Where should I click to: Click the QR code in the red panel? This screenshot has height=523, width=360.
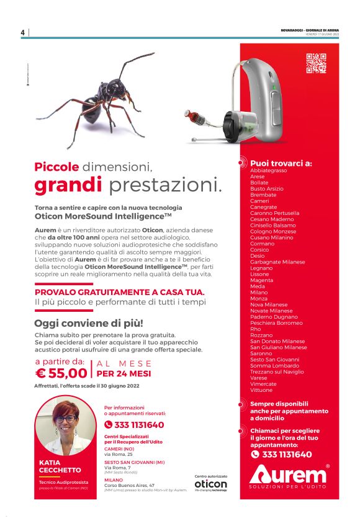316,63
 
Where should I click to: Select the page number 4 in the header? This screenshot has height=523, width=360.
22,33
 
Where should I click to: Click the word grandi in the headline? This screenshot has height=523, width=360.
68,184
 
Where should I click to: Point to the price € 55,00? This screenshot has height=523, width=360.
61,373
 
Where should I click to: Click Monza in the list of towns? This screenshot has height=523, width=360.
259,299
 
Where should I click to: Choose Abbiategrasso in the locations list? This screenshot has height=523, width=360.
268,170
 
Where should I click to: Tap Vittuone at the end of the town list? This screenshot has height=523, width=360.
261,390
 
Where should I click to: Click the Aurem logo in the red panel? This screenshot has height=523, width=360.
288,476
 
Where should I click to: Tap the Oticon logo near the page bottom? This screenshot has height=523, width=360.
210,484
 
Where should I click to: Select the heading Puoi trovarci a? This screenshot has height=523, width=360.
281,163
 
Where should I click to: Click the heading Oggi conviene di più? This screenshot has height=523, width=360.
88,323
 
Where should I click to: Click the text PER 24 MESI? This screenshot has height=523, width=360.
124,374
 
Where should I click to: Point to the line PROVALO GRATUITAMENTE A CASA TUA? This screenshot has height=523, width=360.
119,291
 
